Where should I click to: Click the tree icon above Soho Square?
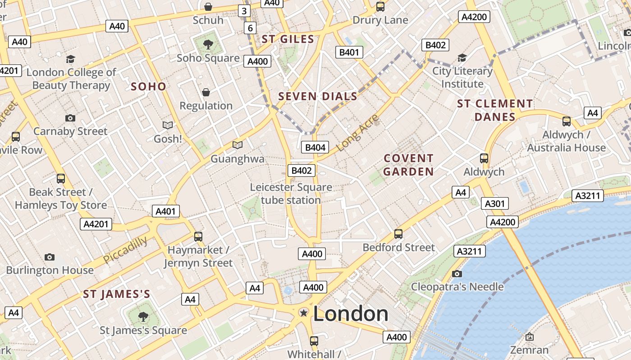coord(208,44)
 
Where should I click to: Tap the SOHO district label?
coord(148,86)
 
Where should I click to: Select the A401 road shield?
coord(166,211)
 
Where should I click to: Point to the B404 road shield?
coord(315,147)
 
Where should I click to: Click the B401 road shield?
coord(349,52)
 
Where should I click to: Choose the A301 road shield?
coord(494,204)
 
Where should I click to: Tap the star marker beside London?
coord(304,312)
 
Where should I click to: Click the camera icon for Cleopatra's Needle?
coord(457,274)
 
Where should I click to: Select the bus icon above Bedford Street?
coord(398,234)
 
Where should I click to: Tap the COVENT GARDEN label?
coord(408,165)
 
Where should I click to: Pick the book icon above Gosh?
coord(168,125)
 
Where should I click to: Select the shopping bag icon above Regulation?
coord(206,92)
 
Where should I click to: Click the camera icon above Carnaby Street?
coord(70,118)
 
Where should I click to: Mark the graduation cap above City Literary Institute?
coord(462,58)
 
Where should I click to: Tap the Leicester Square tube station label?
coord(291,193)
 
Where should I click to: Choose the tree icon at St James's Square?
coord(143,317)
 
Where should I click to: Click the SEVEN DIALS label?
coord(318,96)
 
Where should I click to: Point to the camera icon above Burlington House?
coord(50,257)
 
